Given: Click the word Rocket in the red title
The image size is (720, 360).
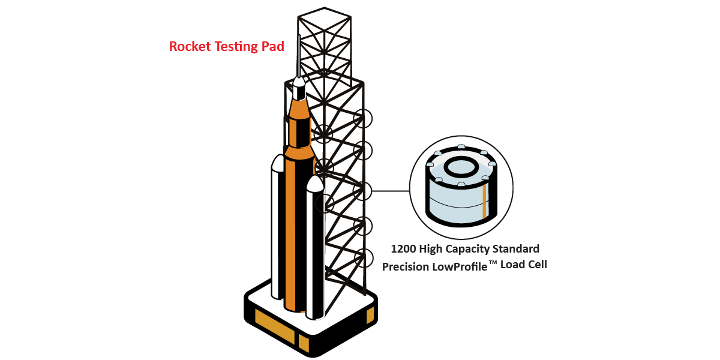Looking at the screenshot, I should (x=188, y=46).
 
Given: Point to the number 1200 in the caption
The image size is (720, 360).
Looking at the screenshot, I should (x=403, y=248).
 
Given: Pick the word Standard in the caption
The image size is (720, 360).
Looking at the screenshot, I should (x=517, y=248).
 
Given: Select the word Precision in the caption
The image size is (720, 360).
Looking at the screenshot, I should (x=406, y=266).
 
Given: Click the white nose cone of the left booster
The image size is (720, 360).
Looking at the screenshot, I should (x=278, y=163).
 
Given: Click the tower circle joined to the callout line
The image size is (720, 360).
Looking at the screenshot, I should (x=362, y=191).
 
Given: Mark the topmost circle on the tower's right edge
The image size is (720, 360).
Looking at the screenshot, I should (x=362, y=118).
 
